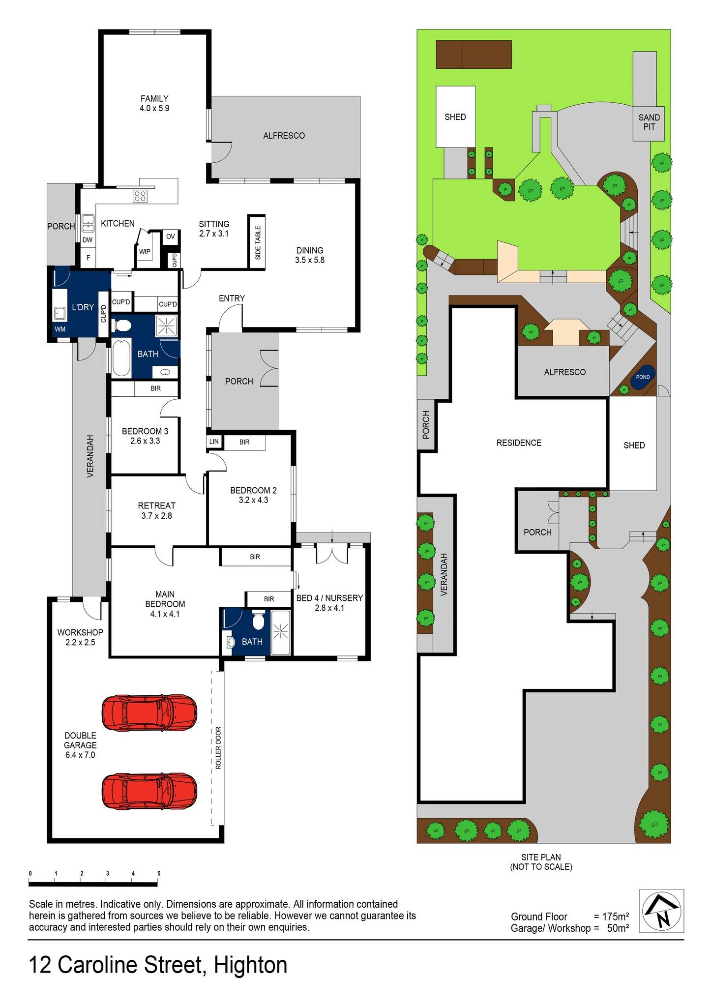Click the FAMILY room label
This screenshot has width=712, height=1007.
tap(154, 98)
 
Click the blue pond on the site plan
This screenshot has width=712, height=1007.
tap(643, 377)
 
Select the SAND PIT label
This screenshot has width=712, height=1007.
tap(649, 122)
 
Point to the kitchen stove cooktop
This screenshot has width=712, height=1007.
tap(140, 196)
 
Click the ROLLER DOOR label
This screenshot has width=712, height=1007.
tap(218, 748)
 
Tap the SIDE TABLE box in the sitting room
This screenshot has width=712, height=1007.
tap(257, 242)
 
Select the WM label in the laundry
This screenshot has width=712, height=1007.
tap(59, 329)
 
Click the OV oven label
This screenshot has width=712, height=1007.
tap(170, 237)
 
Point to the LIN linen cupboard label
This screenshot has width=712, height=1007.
tap(214, 442)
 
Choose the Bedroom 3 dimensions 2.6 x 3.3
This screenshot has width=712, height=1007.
tap(145, 441)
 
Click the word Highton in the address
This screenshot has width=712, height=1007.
tap(250, 965)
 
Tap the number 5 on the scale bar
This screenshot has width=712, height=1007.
tap(159, 874)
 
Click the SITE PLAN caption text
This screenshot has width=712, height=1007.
tap(541, 857)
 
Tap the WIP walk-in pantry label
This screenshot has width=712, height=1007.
tap(145, 252)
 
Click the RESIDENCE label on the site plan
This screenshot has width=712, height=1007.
tap(519, 443)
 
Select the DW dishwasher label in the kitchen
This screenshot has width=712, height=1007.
tap(88, 240)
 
